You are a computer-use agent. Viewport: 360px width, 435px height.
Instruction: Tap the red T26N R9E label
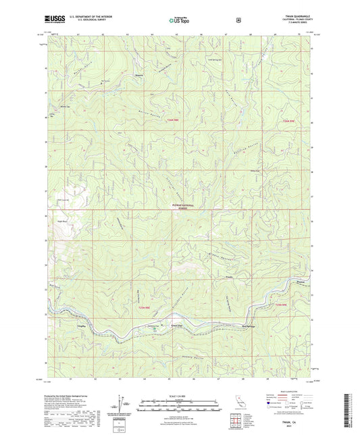(x=288, y=122)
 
